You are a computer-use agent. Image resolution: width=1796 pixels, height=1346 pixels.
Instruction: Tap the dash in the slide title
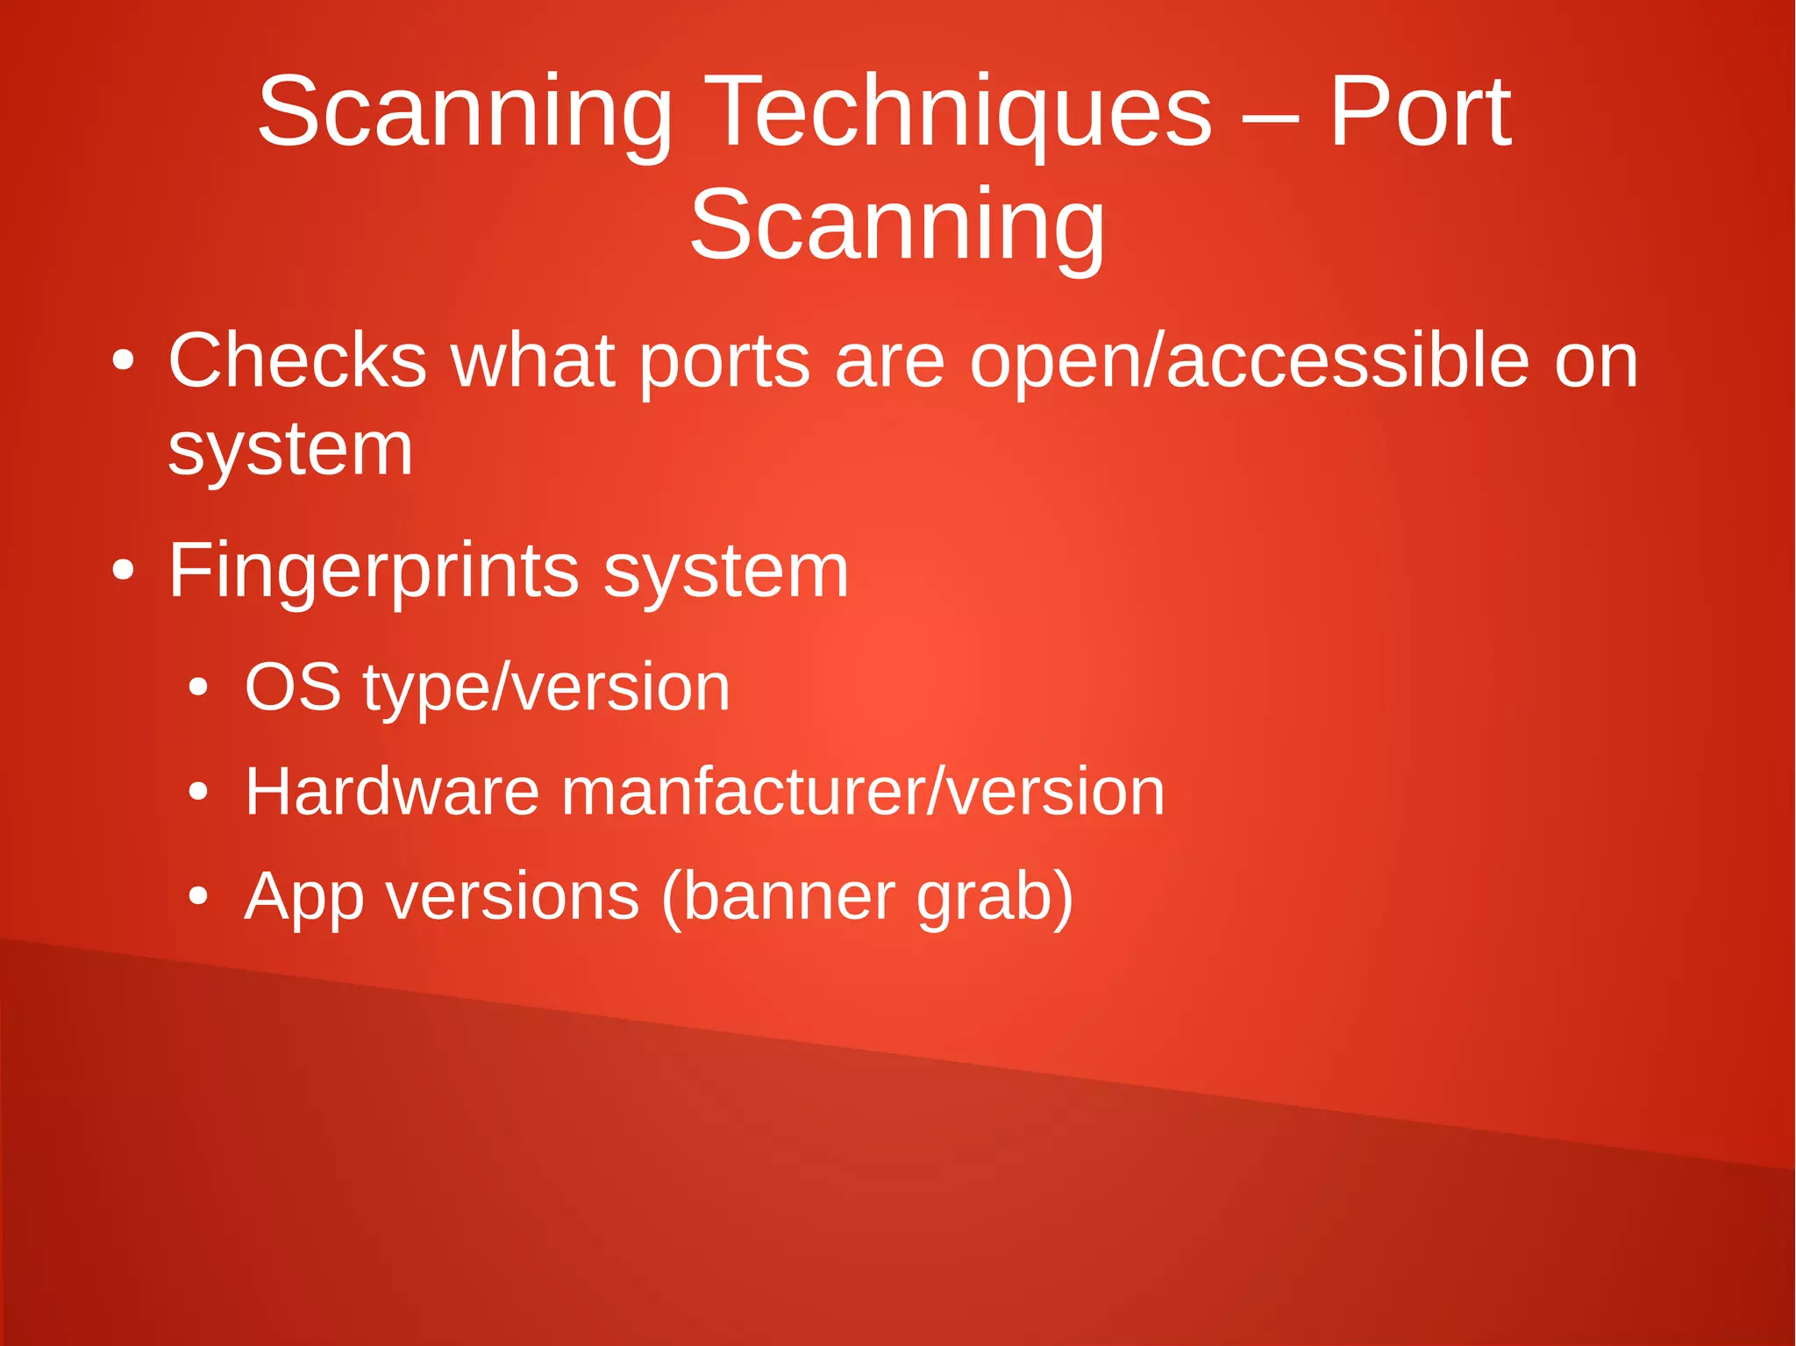click(1271, 118)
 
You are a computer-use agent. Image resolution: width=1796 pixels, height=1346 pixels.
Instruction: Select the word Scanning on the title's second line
click(896, 226)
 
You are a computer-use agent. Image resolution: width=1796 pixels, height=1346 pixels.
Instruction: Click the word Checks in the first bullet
click(296, 360)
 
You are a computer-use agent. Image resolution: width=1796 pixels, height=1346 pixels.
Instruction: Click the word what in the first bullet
click(531, 360)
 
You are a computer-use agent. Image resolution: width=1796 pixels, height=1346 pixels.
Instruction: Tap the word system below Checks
click(290, 452)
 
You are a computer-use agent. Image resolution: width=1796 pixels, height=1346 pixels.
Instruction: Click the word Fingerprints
click(373, 573)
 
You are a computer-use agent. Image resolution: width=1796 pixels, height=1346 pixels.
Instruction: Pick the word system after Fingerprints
click(726, 573)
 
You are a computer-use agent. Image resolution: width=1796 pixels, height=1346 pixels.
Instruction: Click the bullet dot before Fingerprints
click(124, 572)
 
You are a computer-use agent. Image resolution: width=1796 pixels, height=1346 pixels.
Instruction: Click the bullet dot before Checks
click(124, 360)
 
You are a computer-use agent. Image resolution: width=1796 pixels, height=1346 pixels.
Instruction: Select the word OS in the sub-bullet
click(292, 687)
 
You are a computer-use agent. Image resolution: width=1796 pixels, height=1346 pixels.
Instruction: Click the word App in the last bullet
click(303, 898)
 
